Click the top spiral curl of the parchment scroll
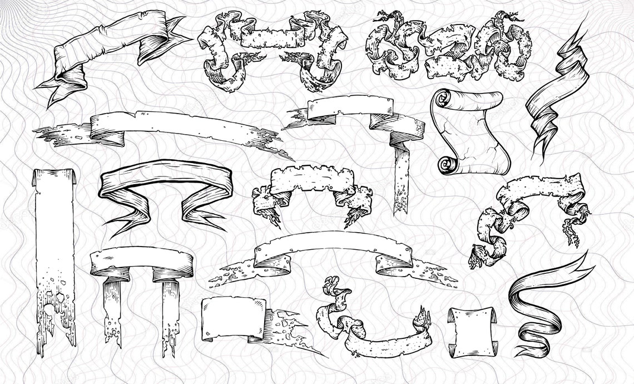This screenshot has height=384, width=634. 443,99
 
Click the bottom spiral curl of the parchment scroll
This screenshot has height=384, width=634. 445,164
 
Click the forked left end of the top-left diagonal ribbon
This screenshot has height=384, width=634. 56,89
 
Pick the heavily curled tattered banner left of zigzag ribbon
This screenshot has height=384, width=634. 445,47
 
